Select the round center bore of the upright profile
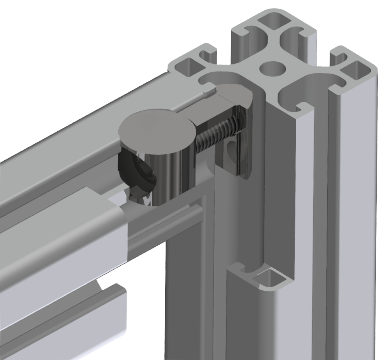[x=273, y=68]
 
